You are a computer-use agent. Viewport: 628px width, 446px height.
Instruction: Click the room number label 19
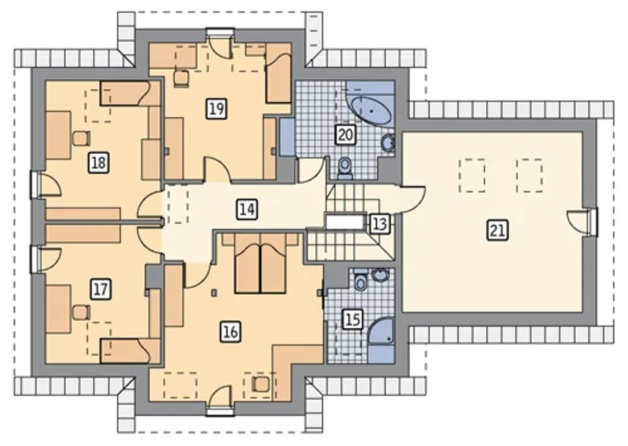(x=217, y=109)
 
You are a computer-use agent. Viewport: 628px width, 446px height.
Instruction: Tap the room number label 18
(x=99, y=162)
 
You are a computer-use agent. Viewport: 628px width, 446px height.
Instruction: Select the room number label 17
(x=101, y=289)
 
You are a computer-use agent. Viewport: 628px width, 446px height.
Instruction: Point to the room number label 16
(x=231, y=332)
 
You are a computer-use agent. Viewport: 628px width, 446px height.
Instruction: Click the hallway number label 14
(x=247, y=209)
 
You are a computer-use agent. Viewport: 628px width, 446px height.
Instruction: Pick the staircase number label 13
(x=380, y=224)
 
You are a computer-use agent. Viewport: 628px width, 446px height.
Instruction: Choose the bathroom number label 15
(x=353, y=319)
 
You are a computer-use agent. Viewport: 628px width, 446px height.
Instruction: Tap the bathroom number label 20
(x=346, y=135)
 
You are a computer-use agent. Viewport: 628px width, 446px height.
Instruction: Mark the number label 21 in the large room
(x=497, y=231)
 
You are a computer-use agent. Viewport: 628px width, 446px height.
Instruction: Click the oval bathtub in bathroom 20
(x=370, y=111)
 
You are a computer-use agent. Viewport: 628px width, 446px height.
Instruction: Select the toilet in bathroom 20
(x=344, y=168)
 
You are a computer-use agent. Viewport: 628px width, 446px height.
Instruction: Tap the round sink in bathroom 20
(x=388, y=143)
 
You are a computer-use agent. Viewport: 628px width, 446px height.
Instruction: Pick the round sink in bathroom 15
(x=380, y=274)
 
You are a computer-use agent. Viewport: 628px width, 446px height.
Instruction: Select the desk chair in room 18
(x=81, y=138)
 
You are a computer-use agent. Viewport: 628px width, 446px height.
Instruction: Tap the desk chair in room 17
(x=81, y=312)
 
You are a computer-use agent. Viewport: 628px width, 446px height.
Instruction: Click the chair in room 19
(x=181, y=79)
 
